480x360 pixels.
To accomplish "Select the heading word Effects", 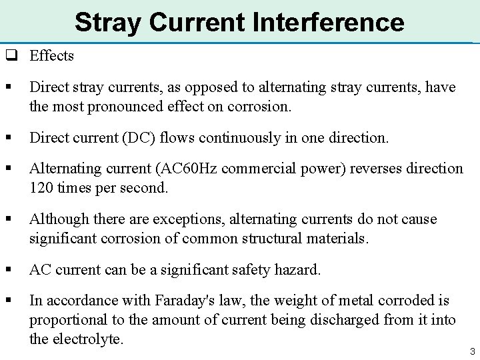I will pyautogui.click(x=51, y=56).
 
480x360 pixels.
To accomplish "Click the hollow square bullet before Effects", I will pyautogui.click(x=11, y=56).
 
